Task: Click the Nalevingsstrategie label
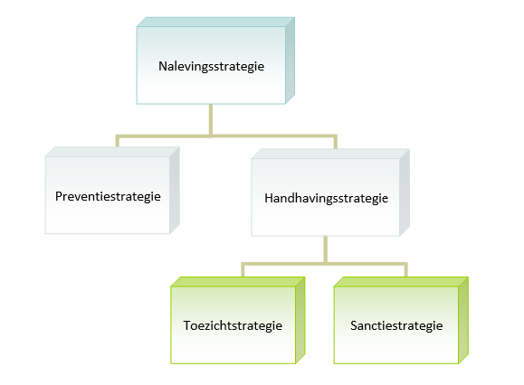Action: coord(211,66)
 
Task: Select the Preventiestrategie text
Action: coord(108,196)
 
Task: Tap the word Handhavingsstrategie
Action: coord(326,198)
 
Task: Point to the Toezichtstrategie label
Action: coord(233,325)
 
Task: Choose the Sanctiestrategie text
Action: coord(396,325)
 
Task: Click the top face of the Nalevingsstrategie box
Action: coord(215,22)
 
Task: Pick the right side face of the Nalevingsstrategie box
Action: coord(291,61)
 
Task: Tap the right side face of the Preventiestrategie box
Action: coord(175,190)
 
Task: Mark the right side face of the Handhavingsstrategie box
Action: coord(405,192)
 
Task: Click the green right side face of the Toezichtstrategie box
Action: coord(300,320)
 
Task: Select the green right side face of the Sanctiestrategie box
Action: coord(463,320)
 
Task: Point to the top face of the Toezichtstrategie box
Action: coord(238,282)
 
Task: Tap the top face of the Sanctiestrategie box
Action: coord(401,282)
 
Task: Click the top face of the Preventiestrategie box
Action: coord(112,152)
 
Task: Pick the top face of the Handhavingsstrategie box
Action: coord(330,154)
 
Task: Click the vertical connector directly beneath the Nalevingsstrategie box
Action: coord(211,120)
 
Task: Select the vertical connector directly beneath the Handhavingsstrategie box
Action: coord(326,249)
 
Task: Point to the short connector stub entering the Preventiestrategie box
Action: coord(118,141)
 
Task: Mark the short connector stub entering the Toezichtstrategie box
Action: coord(243,270)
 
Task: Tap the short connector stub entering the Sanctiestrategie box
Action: coord(406,270)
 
